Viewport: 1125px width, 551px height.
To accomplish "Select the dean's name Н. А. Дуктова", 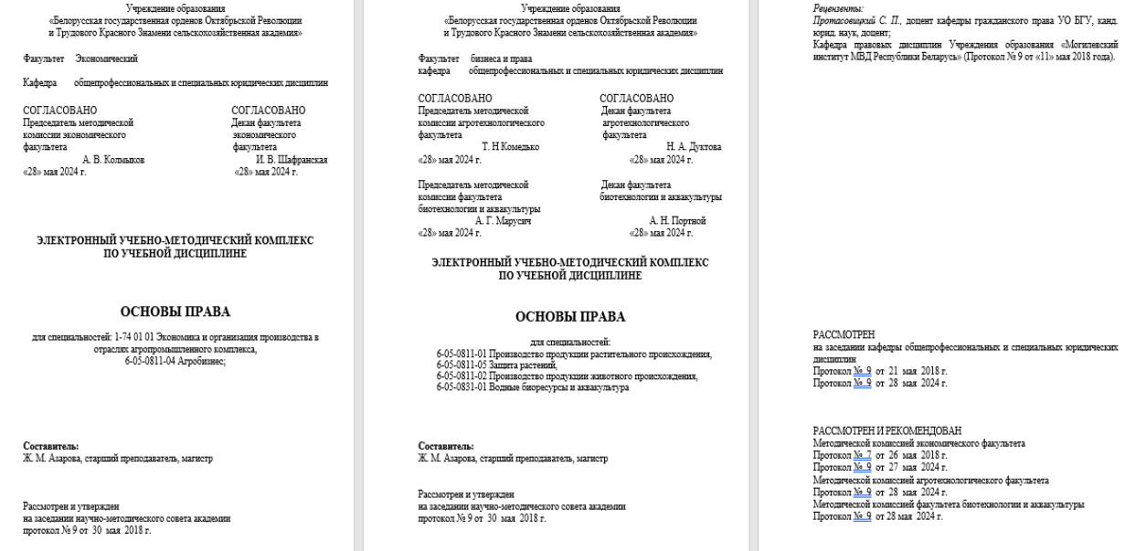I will (694, 146).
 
